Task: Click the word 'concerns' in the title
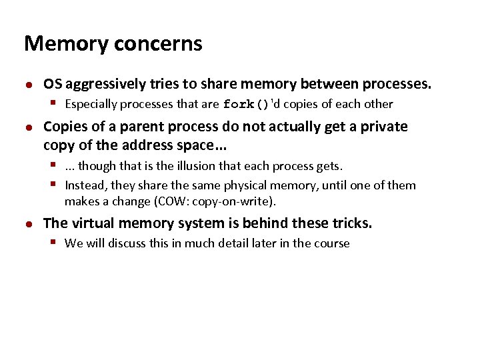(x=159, y=44)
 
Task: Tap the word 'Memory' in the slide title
(x=66, y=44)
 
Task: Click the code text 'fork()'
(x=245, y=105)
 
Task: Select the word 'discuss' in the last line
(x=127, y=243)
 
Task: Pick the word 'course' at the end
(x=331, y=243)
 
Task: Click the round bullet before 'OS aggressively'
(x=29, y=85)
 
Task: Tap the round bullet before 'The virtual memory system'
(x=29, y=224)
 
